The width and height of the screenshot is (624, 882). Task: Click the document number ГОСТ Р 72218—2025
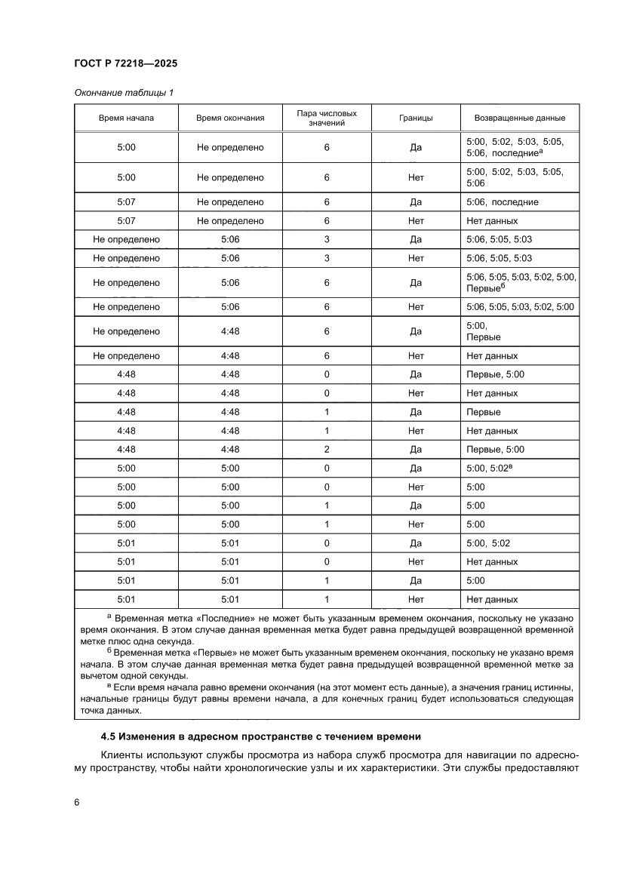pos(126,64)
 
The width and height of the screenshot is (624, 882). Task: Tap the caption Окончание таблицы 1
pos(124,93)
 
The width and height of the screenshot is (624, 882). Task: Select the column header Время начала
pos(126,118)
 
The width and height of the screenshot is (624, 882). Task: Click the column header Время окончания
pos(230,118)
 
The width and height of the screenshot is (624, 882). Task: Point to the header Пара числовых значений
pos(327,118)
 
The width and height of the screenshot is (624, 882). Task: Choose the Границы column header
pos(415,118)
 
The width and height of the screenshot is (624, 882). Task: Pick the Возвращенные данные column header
pos(519,118)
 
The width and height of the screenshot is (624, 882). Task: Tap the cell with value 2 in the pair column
pos(327,450)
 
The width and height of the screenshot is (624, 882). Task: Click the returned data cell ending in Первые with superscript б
pos(521,283)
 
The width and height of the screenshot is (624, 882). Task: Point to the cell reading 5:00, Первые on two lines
pos(484,331)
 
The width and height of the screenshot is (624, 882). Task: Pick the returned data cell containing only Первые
pos(484,412)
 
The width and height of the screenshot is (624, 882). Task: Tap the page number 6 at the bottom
pos(77,802)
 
